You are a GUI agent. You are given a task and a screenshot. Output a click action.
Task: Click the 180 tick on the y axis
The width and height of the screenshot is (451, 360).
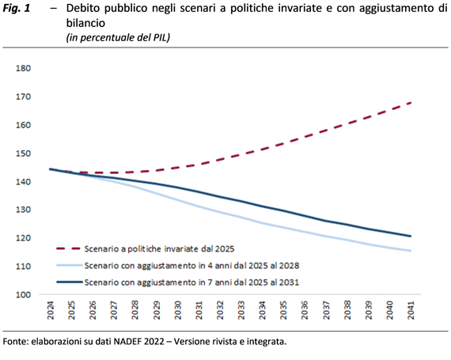click(23, 68)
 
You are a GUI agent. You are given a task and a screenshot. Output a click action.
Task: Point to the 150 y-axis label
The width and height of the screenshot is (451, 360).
click(23, 153)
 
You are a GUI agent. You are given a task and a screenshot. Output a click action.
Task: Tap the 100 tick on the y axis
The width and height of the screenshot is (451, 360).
click(23, 295)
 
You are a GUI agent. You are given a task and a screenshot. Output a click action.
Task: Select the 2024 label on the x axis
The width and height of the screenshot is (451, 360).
click(51, 310)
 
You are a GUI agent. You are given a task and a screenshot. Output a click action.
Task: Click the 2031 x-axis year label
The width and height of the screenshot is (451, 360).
click(199, 310)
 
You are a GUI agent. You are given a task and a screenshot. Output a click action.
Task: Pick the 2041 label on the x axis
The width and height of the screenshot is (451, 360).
click(411, 310)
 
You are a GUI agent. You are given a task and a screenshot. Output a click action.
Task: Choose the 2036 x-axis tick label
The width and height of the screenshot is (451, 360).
click(305, 310)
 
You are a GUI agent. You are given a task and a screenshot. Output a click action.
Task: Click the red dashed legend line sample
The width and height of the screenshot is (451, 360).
click(69, 248)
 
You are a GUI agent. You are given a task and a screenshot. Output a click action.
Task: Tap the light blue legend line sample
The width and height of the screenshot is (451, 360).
click(70, 265)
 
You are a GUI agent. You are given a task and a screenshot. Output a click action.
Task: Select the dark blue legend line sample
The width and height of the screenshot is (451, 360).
click(70, 282)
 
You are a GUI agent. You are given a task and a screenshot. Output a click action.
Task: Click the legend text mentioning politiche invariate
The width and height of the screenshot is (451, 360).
click(159, 248)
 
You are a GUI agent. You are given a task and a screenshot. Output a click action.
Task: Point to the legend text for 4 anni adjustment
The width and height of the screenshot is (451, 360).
click(191, 265)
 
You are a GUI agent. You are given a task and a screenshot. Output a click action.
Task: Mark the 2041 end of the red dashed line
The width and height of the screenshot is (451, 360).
click(411, 103)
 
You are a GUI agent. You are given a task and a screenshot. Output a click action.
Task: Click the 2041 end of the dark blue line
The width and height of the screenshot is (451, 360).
click(411, 236)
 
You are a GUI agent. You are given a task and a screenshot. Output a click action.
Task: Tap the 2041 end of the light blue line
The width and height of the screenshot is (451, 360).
click(411, 251)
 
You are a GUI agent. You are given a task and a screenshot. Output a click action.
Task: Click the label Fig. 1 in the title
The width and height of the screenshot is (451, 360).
click(17, 9)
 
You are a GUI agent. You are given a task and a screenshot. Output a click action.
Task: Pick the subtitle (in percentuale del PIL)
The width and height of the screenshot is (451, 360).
click(118, 37)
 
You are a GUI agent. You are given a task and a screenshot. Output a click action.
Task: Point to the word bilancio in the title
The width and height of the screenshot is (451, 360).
click(85, 23)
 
